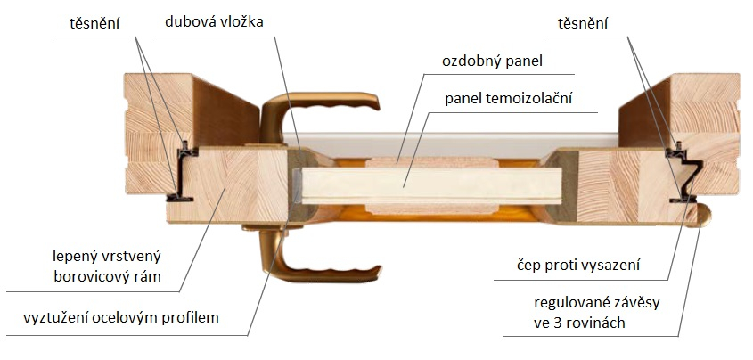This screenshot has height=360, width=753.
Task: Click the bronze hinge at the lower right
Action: (x=700, y=212)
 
